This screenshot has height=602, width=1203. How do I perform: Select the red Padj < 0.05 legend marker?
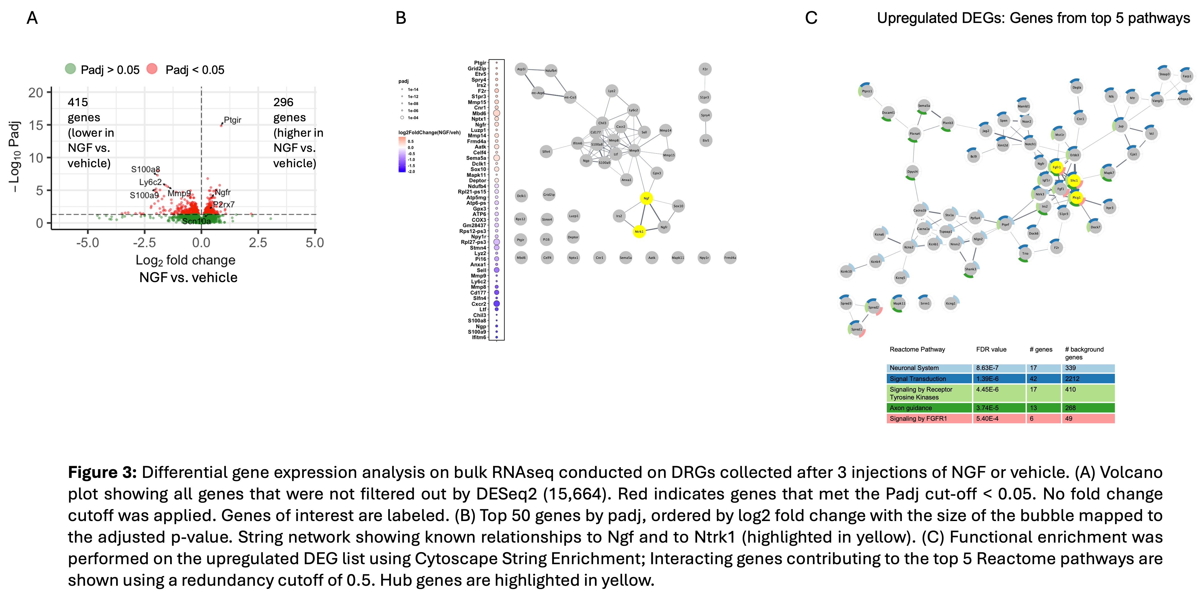[152, 69]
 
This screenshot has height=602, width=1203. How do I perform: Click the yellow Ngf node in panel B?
[646, 198]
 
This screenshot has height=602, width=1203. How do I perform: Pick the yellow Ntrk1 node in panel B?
[639, 231]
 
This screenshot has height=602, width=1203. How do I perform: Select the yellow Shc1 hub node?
[1074, 180]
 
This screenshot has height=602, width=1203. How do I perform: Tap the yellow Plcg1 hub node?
[1076, 198]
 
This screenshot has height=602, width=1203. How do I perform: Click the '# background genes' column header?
[1084, 353]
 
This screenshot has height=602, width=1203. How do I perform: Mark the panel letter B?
[401, 18]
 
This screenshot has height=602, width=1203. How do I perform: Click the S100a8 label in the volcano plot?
[145, 169]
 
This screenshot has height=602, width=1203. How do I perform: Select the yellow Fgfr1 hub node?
[1056, 167]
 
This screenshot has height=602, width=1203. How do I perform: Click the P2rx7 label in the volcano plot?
[224, 205]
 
